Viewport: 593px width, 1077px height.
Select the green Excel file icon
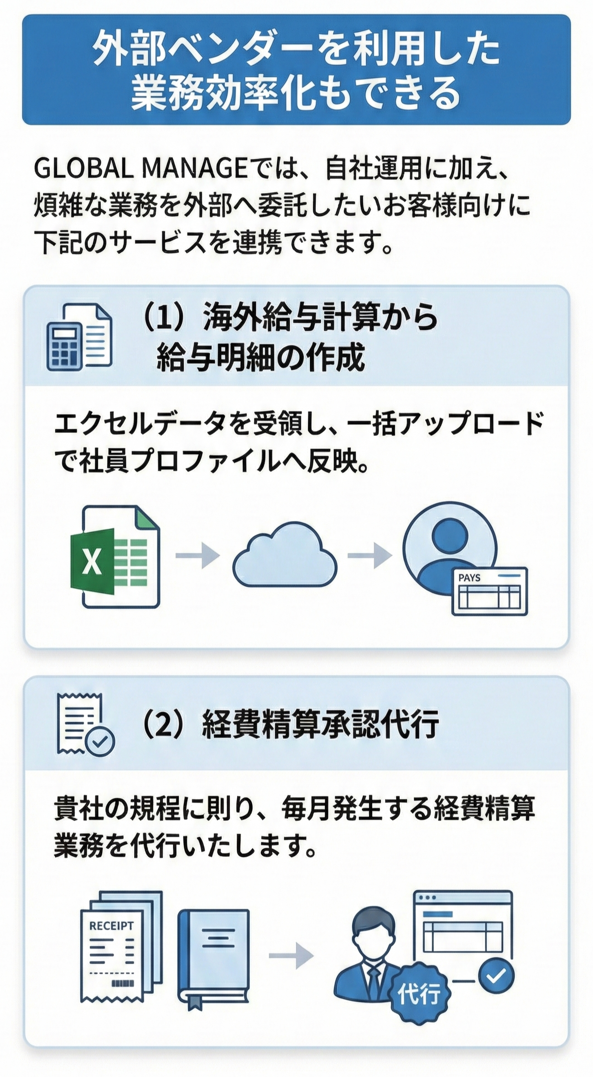pyautogui.click(x=115, y=556)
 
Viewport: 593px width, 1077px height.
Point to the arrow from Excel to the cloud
pyautogui.click(x=198, y=556)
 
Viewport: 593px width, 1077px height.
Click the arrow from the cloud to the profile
pyautogui.click(x=369, y=556)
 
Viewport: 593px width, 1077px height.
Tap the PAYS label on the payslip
pyautogui.click(x=469, y=578)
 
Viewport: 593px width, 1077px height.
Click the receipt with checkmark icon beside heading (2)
pyautogui.click(x=85, y=724)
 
